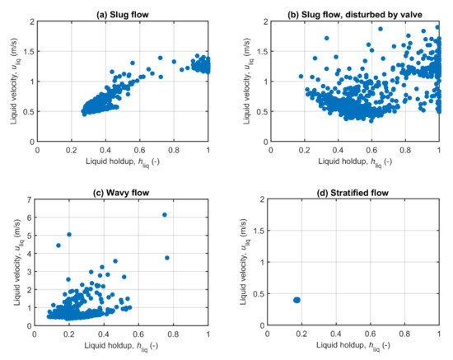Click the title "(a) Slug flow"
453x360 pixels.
click(123, 9)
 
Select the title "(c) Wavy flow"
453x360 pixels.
click(123, 192)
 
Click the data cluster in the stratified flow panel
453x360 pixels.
click(297, 300)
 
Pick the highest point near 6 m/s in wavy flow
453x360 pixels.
click(165, 215)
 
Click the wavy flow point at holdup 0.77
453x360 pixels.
click(167, 258)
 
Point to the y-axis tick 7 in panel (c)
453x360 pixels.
click(30, 200)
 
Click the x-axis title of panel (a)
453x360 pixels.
click(123, 162)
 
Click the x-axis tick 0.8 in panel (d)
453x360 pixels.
click(404, 334)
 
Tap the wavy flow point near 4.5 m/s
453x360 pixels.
click(58, 245)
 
